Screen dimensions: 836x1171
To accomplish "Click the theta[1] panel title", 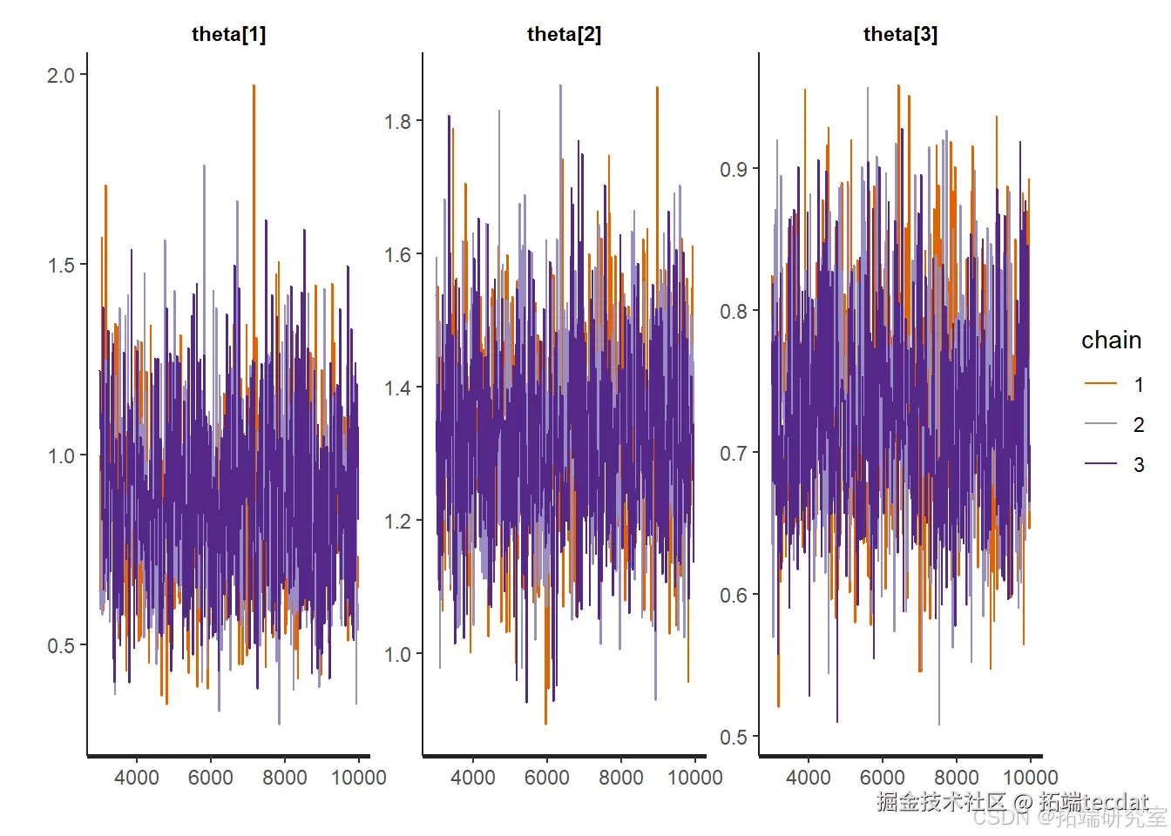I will pos(228,34).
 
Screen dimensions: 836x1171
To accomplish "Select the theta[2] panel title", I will pos(564,34).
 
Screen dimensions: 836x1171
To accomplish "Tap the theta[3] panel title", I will pos(900,34).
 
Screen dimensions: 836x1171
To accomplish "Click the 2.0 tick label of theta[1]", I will pos(61,75).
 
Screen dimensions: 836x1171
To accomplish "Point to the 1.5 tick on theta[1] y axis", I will pos(61,265).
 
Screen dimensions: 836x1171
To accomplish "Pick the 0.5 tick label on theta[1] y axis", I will pos(61,645).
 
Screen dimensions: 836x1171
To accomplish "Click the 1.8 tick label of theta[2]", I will pos(397,121).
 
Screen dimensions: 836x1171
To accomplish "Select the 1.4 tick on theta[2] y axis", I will pos(397,388).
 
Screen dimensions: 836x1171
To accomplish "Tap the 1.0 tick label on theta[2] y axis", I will pos(397,654).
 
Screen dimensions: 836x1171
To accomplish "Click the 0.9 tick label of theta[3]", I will pos(734,169).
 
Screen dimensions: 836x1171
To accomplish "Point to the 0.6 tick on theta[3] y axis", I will pos(734,596).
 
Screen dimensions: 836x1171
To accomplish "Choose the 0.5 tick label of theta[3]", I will pos(734,738).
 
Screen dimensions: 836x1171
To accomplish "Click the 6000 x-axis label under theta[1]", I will pos(211,777).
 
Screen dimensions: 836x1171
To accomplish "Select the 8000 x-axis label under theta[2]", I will pos(621,777).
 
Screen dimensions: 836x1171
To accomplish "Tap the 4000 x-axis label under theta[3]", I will pos(809,777).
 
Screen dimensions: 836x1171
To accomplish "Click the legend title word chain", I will pos(1111,340).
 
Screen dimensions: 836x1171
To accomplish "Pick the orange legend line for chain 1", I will pos(1100,384).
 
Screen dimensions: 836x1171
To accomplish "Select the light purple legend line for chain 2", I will pos(1100,424).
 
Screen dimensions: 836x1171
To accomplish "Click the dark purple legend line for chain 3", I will pos(1100,464).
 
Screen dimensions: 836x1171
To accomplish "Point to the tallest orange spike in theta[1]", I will pos(254,87).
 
